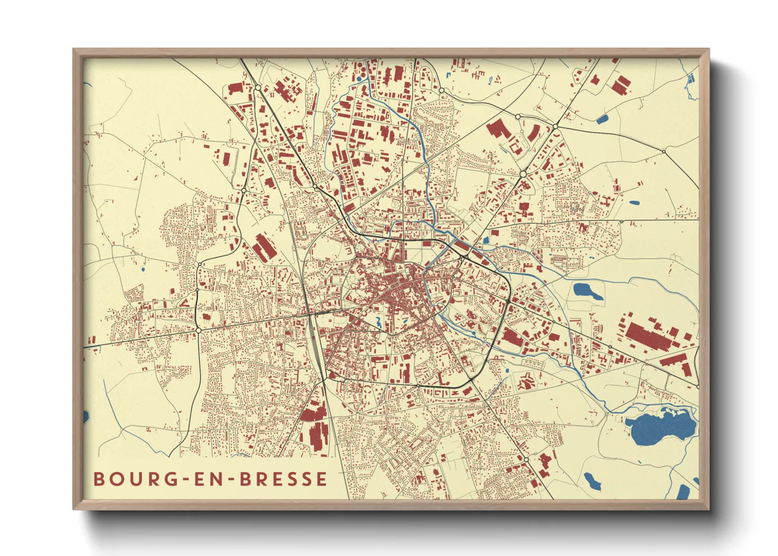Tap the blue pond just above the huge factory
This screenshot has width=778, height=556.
588,291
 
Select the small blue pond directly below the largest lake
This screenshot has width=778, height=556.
592,480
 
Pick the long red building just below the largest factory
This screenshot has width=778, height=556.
675,362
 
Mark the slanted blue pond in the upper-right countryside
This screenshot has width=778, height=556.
602,119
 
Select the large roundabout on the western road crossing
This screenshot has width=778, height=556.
198,330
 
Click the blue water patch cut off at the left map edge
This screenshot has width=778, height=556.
86,417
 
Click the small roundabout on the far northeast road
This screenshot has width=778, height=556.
664,151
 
